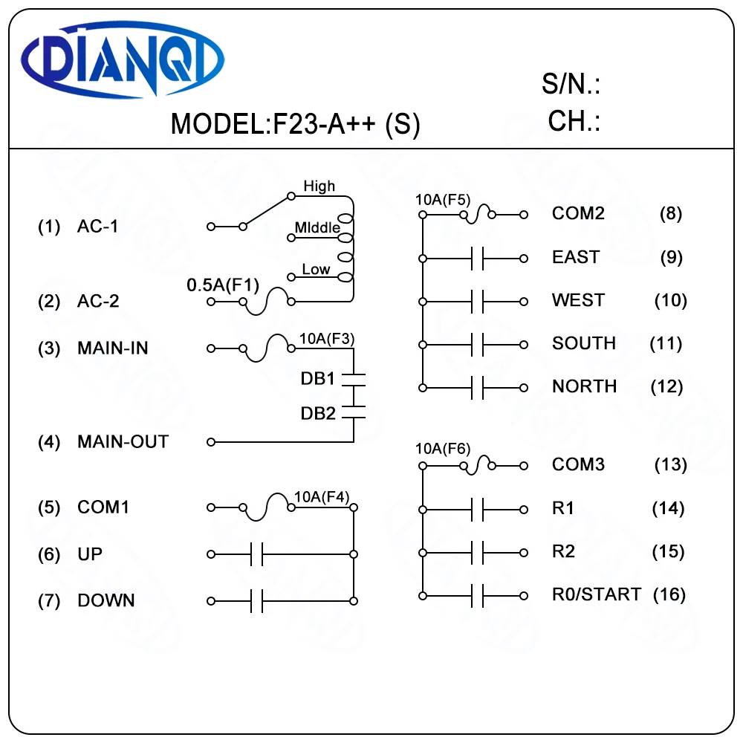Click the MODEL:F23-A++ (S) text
point(295,123)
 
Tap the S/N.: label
point(571,85)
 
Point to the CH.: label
point(574,120)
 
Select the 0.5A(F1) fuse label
point(222,285)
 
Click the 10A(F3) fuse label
point(326,339)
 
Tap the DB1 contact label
point(318,379)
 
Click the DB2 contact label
point(318,413)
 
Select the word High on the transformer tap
point(319,186)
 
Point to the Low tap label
point(316,269)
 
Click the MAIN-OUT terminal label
point(123,442)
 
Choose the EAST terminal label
point(576,257)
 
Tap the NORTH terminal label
point(584,386)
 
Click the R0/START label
point(596,594)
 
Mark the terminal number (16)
point(669,594)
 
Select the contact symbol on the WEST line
point(478,302)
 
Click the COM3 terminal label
point(578,464)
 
